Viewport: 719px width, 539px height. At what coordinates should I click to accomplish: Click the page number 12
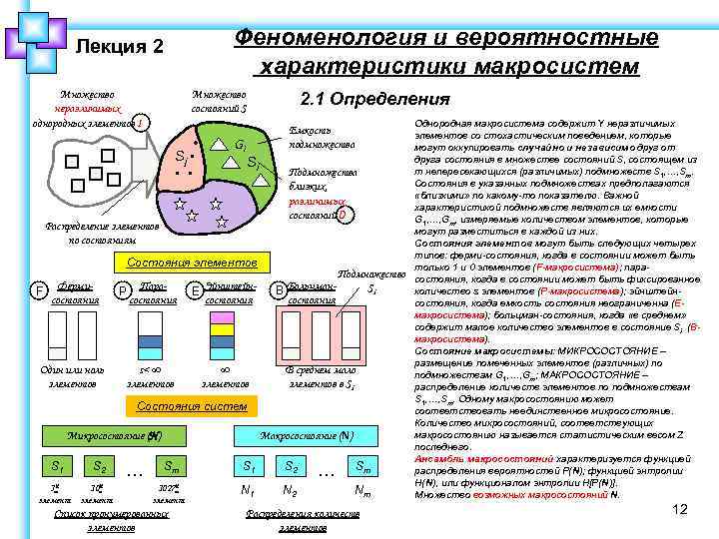(x=681, y=510)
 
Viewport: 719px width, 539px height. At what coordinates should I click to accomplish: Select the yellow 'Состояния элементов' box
(x=191, y=263)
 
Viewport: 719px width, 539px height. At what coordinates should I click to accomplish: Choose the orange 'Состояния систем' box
(x=191, y=406)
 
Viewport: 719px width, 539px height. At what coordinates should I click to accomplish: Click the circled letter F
(x=38, y=290)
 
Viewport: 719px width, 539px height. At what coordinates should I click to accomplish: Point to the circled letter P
(x=121, y=290)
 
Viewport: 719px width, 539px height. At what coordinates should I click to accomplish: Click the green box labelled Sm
(x=174, y=466)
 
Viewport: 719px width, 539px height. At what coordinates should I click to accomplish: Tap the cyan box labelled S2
(x=292, y=466)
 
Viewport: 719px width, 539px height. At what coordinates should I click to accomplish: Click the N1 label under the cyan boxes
(x=247, y=490)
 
